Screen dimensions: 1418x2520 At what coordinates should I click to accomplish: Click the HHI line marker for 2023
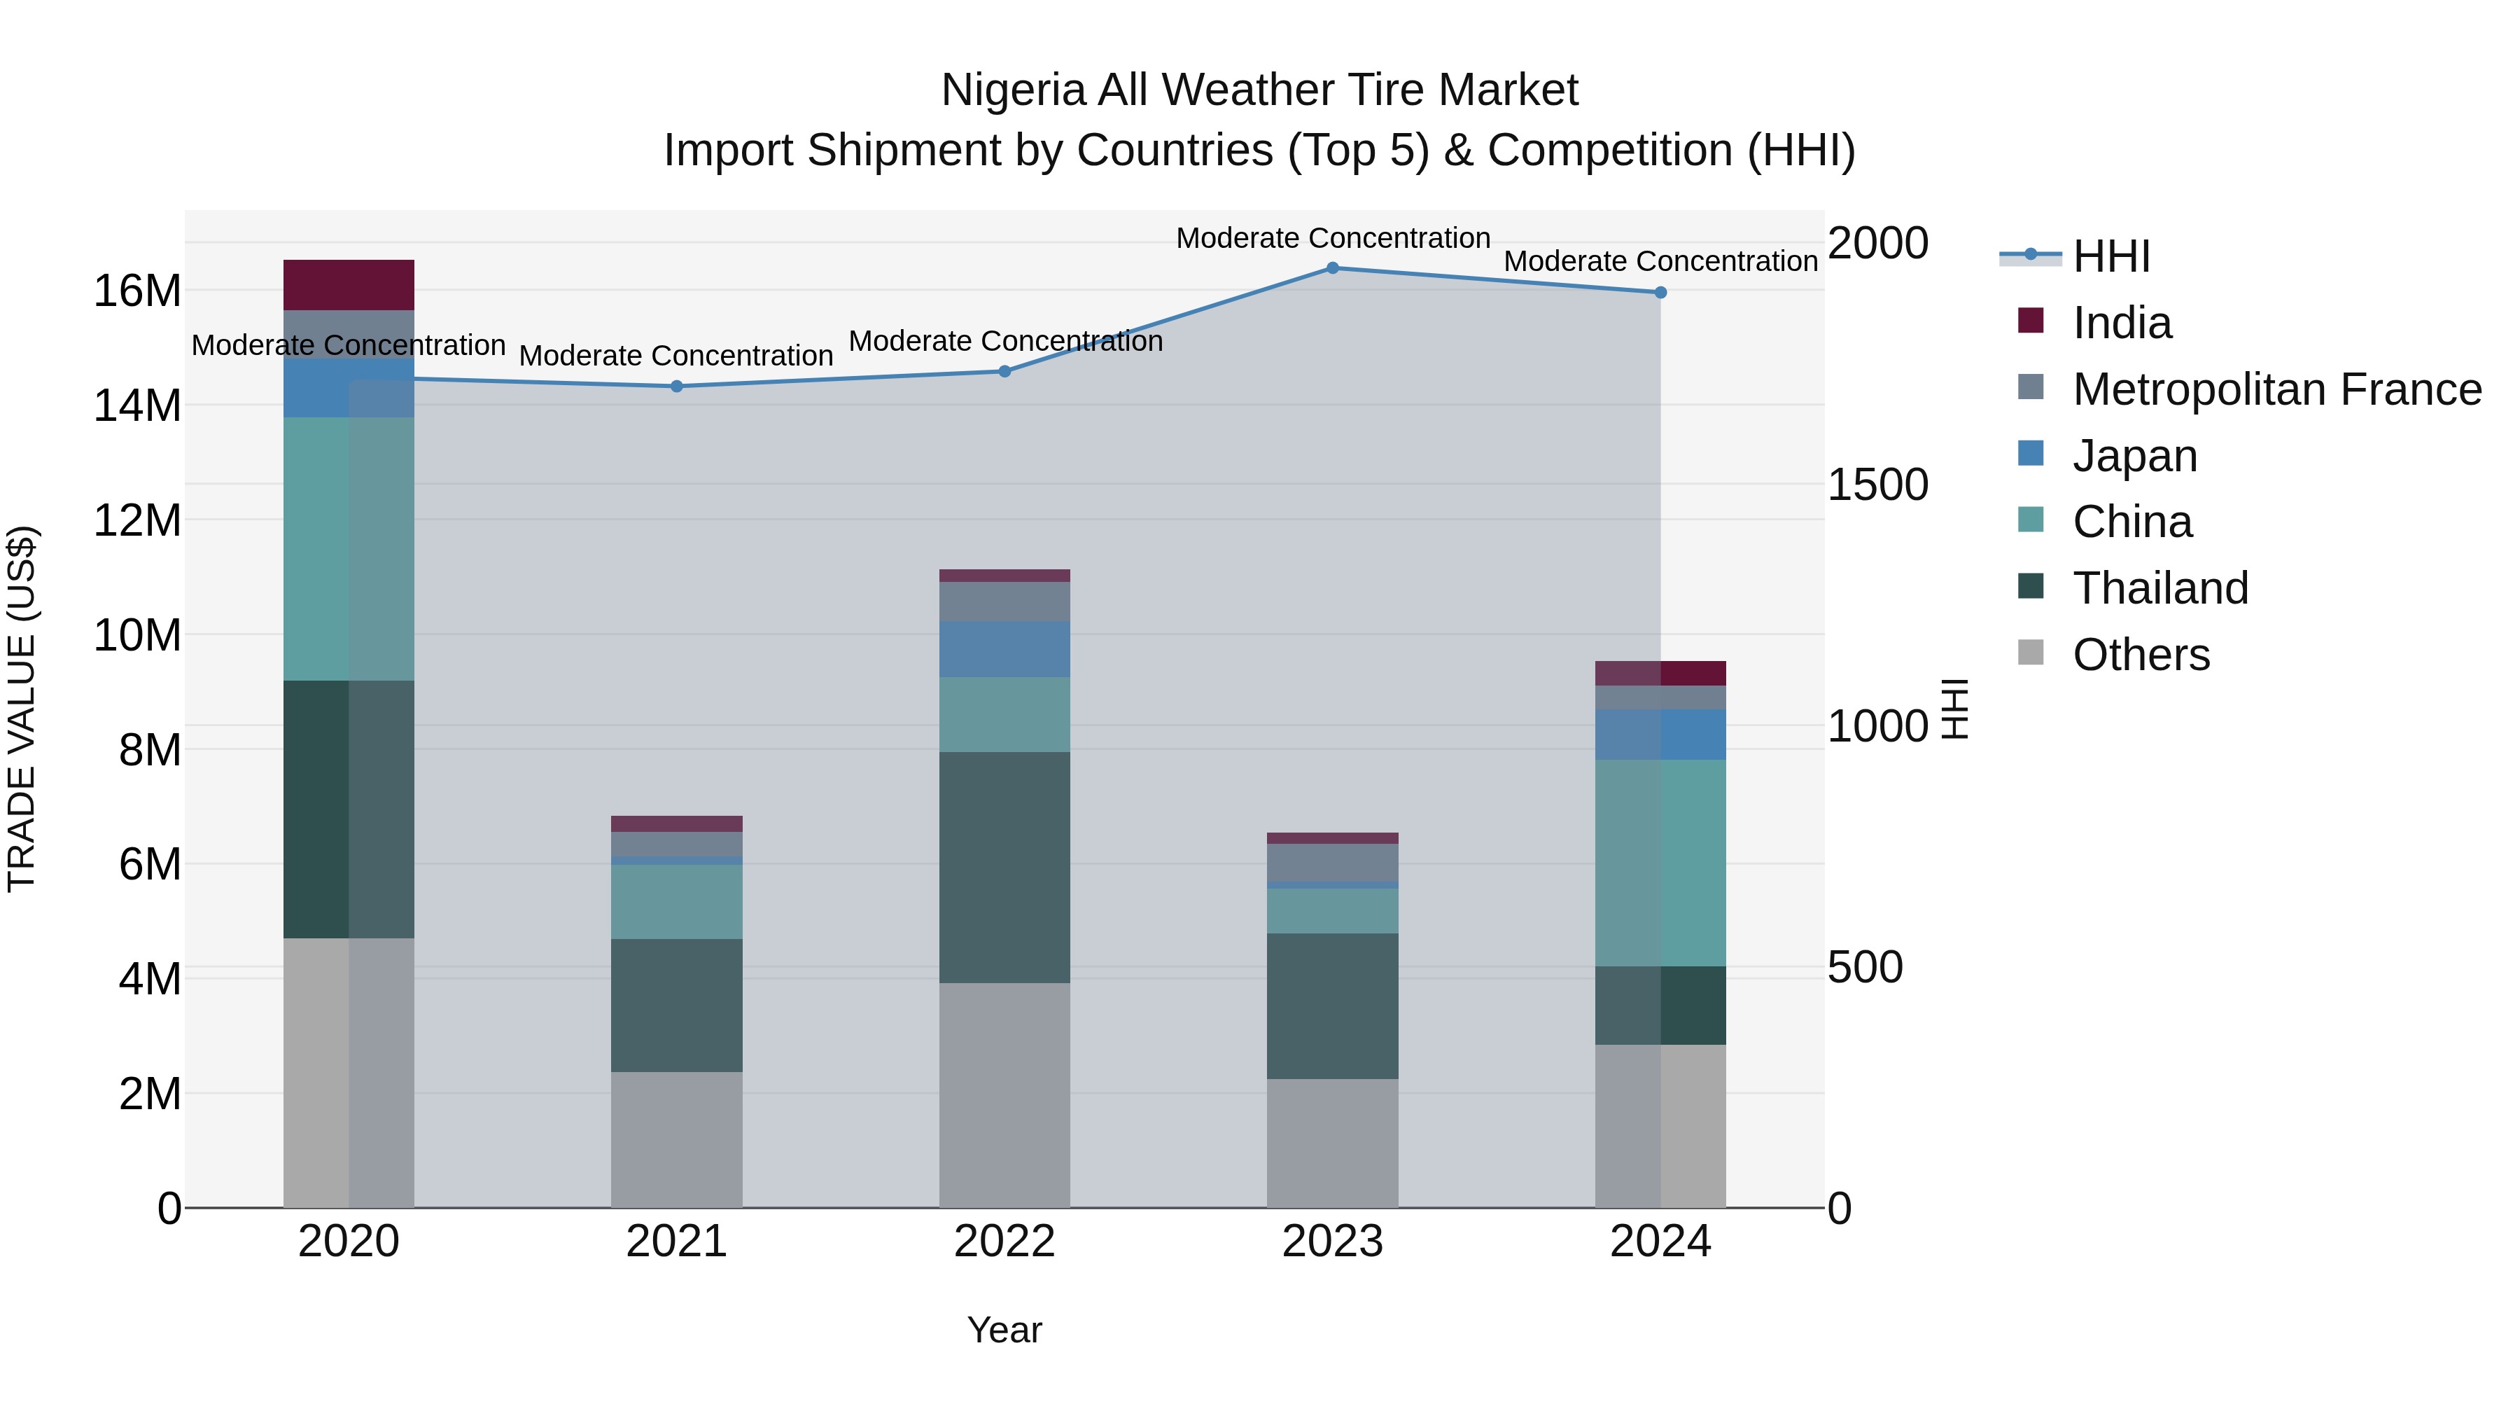click(1332, 267)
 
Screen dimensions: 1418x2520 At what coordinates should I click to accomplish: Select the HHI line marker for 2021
click(676, 386)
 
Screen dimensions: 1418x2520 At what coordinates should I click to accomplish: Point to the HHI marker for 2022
click(1004, 371)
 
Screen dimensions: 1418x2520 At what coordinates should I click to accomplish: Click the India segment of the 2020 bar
click(349, 285)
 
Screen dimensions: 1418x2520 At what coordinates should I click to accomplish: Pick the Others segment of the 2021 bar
click(676, 1139)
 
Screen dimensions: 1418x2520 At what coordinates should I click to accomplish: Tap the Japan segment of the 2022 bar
click(1004, 649)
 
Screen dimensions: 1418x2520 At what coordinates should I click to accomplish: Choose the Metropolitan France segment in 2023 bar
click(1332, 862)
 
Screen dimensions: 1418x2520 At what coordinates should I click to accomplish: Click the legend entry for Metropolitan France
click(2276, 389)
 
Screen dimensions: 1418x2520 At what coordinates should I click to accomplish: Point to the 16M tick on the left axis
click(137, 291)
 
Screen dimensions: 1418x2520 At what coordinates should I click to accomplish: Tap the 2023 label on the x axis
click(1332, 1242)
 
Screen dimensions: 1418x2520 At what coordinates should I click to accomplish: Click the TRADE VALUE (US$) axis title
click(22, 709)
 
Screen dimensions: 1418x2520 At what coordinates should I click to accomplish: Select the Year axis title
click(1004, 1330)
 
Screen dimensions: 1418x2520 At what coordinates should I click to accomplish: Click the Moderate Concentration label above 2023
click(1332, 238)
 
